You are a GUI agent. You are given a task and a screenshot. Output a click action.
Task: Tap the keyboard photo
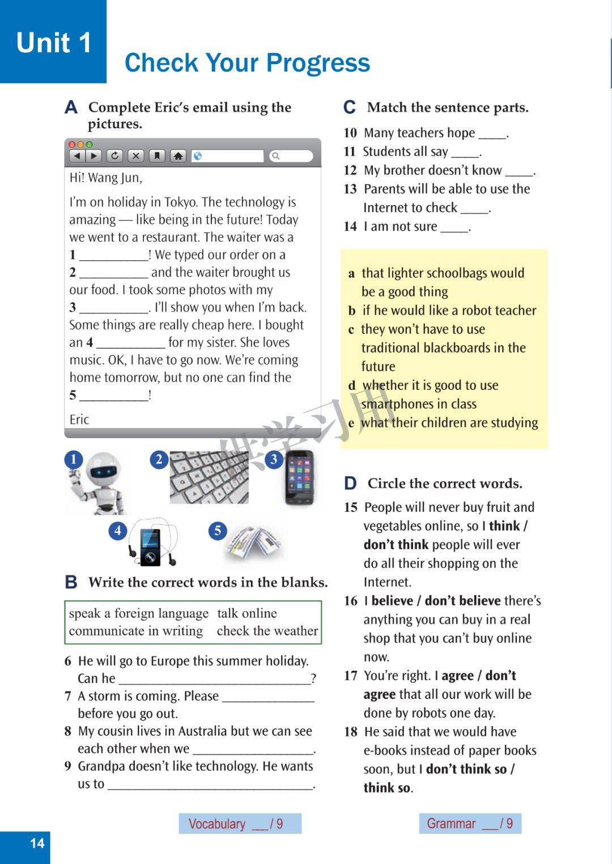(209, 477)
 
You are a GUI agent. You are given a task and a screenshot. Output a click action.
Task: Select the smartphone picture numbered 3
(299, 477)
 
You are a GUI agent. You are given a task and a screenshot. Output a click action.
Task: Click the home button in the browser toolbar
(178, 156)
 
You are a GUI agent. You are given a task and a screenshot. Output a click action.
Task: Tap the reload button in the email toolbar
(114, 156)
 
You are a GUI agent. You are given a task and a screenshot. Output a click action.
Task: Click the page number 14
(37, 843)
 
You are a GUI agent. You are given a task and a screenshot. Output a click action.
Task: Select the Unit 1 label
(53, 43)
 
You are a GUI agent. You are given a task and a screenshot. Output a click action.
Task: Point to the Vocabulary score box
(240, 824)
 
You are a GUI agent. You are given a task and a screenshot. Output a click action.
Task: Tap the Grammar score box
(470, 824)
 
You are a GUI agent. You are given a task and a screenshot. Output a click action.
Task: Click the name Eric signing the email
(79, 420)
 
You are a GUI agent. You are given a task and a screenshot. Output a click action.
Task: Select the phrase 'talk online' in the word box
(247, 613)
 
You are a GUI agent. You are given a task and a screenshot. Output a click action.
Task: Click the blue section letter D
(350, 484)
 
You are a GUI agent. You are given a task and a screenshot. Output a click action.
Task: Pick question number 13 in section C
(350, 189)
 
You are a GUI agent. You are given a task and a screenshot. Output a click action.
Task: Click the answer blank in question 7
(268, 696)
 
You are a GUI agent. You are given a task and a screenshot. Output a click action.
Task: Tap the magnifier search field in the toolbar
(291, 156)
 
